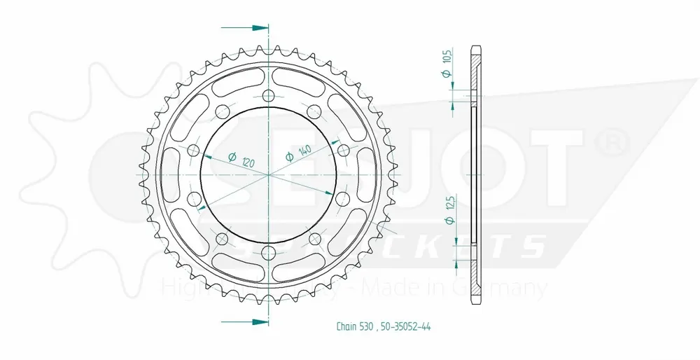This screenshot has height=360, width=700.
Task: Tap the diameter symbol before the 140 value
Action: (289, 159)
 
